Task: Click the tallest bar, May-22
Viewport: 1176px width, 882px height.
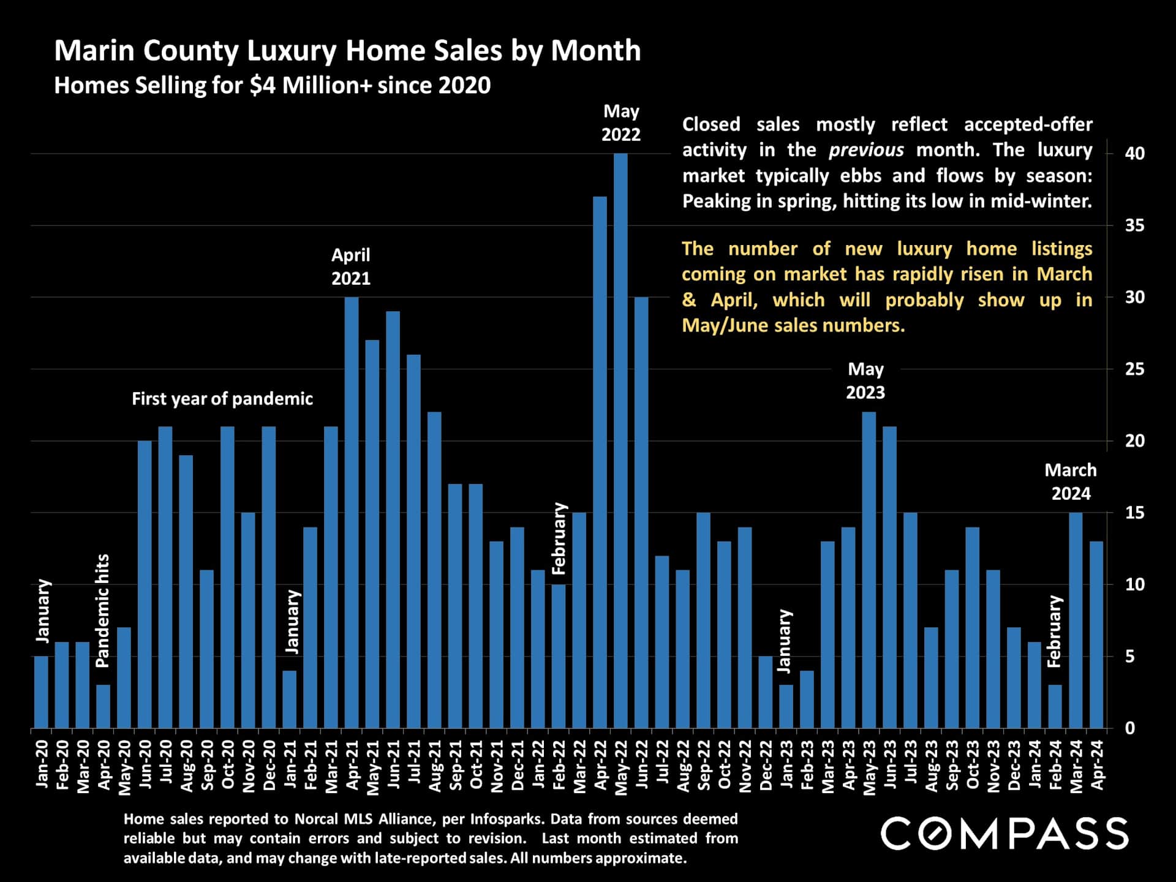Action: pyautogui.click(x=620, y=441)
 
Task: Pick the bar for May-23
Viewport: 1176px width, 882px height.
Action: pyautogui.click(x=869, y=570)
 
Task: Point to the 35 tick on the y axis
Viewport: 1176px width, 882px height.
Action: pyautogui.click(x=1134, y=225)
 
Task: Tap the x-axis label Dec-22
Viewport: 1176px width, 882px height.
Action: pyautogui.click(x=766, y=765)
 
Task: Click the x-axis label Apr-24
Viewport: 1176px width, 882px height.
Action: pyautogui.click(x=1097, y=765)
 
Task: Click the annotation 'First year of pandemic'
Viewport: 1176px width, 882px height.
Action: pyautogui.click(x=222, y=399)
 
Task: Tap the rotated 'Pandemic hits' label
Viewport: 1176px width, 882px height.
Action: pyautogui.click(x=102, y=611)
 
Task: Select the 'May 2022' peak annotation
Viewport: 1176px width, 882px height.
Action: pyautogui.click(x=621, y=123)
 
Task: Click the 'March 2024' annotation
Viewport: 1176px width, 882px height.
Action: pyautogui.click(x=1071, y=481)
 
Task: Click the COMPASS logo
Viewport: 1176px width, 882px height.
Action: pyautogui.click(x=1005, y=834)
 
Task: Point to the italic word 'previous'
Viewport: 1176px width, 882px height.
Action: pyautogui.click(x=866, y=150)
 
